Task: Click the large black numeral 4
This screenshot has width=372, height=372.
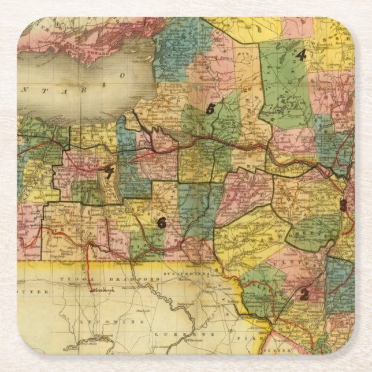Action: pos(300,55)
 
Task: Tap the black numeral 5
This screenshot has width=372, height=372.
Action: pos(210,109)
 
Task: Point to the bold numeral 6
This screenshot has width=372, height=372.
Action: pos(162,222)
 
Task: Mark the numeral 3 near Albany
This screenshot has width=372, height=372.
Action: pos(343,204)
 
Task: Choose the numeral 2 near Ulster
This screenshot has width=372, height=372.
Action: pos(303,293)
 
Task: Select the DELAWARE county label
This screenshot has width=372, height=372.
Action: pos(251,234)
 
